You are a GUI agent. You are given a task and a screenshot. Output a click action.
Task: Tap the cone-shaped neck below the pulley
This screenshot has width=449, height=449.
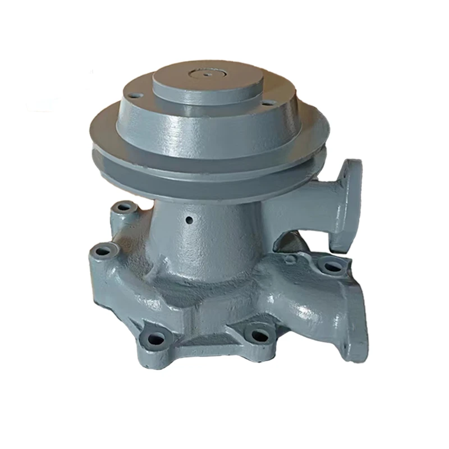tap(208, 236)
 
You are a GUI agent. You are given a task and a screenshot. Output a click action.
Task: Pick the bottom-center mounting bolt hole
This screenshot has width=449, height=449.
tap(258, 335)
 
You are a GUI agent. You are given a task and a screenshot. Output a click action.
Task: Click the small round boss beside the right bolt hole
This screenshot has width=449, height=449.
tap(291, 259)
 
